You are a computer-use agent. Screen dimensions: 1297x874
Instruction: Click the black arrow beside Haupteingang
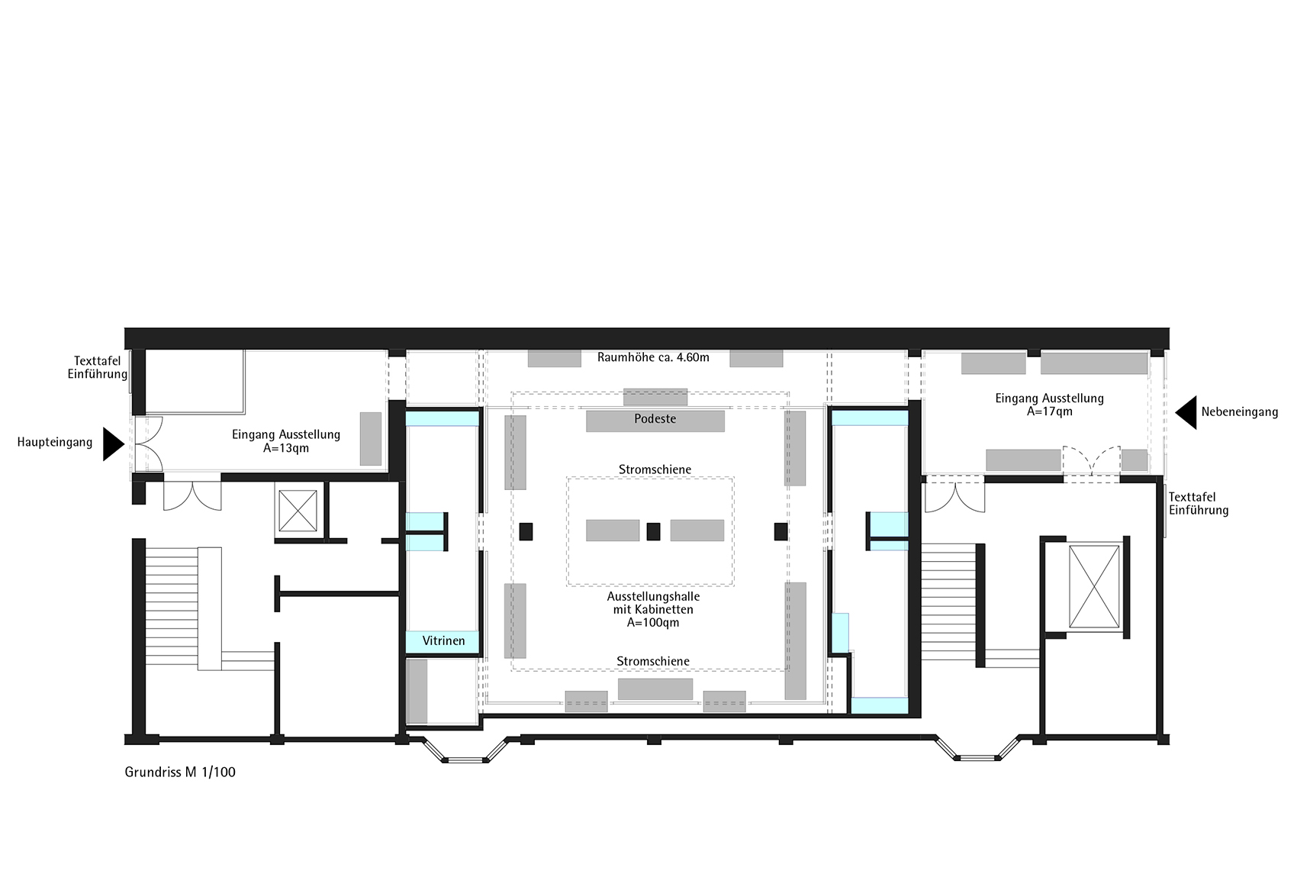pyautogui.click(x=114, y=444)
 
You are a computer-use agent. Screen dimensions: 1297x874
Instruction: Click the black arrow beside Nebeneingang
pyautogui.click(x=1186, y=412)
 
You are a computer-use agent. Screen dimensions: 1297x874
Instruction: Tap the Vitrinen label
pyautogui.click(x=443, y=641)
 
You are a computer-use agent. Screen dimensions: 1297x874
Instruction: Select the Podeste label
pyautogui.click(x=655, y=419)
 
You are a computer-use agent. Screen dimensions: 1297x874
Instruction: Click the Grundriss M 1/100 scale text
pyautogui.click(x=180, y=772)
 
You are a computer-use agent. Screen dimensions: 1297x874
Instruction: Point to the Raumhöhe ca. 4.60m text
pyautogui.click(x=653, y=357)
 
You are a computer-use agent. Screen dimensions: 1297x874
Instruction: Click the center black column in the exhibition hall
pyautogui.click(x=653, y=531)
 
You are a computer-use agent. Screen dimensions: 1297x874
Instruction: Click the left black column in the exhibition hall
pyautogui.click(x=526, y=531)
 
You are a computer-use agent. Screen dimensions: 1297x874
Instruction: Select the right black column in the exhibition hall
pyautogui.click(x=780, y=531)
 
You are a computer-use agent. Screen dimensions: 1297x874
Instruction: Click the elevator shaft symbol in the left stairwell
pyautogui.click(x=298, y=511)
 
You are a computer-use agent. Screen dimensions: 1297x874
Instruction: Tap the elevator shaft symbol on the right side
pyautogui.click(x=1094, y=586)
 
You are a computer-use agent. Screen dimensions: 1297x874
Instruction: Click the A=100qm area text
pyautogui.click(x=652, y=623)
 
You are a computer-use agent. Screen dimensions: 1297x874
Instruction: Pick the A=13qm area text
pyautogui.click(x=286, y=448)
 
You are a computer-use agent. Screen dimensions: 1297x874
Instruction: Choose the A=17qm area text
pyautogui.click(x=1049, y=411)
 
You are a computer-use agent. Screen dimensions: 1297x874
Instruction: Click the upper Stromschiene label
pyautogui.click(x=655, y=469)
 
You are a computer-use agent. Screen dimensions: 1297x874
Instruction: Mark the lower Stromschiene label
pyautogui.click(x=652, y=662)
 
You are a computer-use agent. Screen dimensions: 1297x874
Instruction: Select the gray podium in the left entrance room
pyautogui.click(x=371, y=439)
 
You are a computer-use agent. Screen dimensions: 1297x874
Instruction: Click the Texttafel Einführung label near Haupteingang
pyautogui.click(x=98, y=368)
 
